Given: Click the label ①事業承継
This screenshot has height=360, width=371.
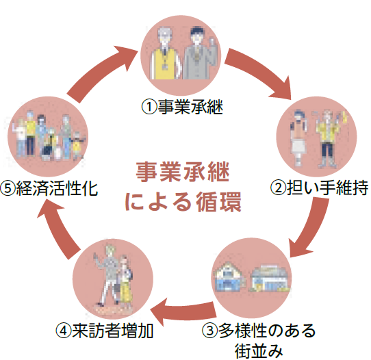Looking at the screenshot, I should pos(183,107).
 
